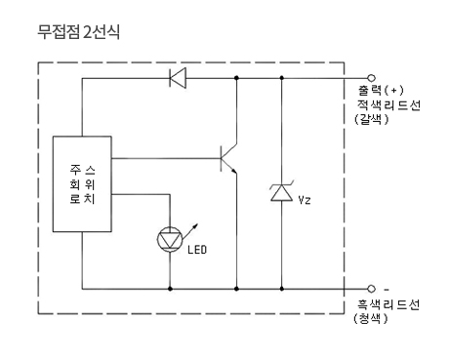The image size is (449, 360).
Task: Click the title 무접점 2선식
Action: [78, 32]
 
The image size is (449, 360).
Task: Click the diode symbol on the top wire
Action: [178, 78]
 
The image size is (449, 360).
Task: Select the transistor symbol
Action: [229, 158]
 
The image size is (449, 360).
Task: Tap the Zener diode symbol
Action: [282, 192]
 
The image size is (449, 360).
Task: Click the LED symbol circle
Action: [170, 240]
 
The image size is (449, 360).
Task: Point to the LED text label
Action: [197, 250]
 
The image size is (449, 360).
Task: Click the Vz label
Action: [305, 200]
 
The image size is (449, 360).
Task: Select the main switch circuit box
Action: [82, 183]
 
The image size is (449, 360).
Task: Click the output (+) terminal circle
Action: [371, 78]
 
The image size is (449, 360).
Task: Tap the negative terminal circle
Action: [371, 289]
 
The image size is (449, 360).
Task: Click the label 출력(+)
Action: [381, 90]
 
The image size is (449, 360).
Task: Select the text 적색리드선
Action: [388, 105]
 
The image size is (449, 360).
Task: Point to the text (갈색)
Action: [372, 119]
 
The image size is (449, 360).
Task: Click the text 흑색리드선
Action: [388, 304]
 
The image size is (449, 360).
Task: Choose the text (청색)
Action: [371, 318]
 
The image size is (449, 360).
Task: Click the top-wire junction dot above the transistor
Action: [236, 78]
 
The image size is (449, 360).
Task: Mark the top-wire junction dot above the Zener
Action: [282, 78]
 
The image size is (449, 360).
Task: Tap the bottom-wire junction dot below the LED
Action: [170, 289]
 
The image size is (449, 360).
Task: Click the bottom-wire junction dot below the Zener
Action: [282, 289]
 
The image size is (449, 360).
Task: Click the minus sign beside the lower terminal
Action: [387, 289]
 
